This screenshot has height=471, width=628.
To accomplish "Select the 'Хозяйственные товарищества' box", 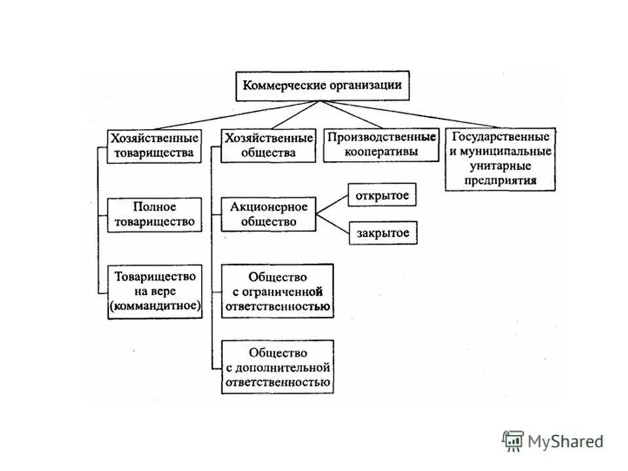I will tap(154, 146).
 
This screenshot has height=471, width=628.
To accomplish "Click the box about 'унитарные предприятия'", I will tap(500, 159).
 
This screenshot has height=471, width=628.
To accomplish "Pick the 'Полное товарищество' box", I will tap(154, 215).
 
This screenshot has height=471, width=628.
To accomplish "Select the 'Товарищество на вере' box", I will tap(154, 290).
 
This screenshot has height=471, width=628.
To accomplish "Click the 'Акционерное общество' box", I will tap(268, 214).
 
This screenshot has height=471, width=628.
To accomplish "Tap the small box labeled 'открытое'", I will tap(382, 195).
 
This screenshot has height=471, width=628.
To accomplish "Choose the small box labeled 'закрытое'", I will tap(382, 232).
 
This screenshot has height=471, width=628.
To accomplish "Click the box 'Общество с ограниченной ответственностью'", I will tap(277, 291).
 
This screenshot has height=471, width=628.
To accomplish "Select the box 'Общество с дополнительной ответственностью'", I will tap(277, 367).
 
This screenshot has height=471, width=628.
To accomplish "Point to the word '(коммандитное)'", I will tap(155, 305).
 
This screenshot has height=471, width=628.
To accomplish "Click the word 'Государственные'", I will tap(500, 138).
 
